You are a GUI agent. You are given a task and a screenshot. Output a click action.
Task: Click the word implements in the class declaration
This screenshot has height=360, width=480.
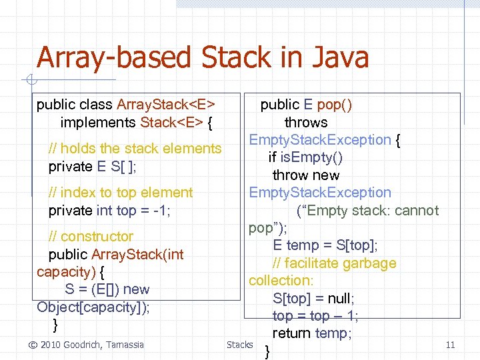coord(98,123)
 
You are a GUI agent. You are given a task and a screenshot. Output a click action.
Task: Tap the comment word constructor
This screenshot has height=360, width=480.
coord(97,237)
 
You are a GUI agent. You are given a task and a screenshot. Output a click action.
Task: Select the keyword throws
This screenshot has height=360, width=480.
coord(306,123)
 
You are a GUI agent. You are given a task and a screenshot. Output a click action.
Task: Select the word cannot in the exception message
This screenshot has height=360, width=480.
coord(417,211)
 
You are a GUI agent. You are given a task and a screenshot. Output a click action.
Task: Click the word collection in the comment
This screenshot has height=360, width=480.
coord(279,281)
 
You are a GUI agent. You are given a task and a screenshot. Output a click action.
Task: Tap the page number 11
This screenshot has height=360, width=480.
coord(450,345)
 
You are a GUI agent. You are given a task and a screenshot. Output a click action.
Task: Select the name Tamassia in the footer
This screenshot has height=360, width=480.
coord(127,345)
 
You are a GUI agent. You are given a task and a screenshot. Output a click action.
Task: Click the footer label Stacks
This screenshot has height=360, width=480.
coord(239,345)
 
